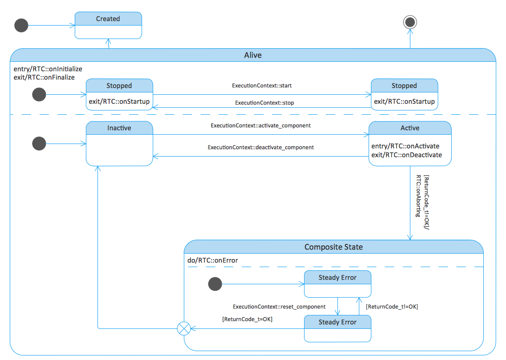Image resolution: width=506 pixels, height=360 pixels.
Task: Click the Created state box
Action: (108, 25)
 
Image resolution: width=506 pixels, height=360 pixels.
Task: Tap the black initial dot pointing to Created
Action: (21, 26)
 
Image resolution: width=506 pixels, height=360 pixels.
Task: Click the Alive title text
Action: (253, 55)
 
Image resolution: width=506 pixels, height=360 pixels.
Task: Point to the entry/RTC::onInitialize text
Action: (48, 69)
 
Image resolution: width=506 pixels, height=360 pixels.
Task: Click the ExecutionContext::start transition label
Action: (262, 85)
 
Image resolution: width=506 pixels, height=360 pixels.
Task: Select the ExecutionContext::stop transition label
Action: (264, 103)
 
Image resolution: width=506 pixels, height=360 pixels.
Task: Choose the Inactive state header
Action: (119, 128)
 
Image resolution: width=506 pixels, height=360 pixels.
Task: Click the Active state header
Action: (409, 128)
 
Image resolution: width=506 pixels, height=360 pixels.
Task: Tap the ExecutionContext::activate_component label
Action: (260, 125)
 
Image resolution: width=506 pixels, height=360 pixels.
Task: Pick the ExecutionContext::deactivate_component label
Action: (260, 147)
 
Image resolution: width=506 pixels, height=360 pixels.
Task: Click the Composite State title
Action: (333, 247)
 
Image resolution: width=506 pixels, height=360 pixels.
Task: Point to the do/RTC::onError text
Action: (213, 260)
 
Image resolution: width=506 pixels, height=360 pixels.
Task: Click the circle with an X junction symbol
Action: (184, 329)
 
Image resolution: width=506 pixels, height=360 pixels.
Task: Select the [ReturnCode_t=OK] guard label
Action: (247, 319)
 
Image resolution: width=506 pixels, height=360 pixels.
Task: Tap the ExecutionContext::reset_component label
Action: (279, 307)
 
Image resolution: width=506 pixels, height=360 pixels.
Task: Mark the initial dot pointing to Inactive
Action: (39, 144)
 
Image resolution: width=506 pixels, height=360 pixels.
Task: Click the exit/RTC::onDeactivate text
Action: (406, 155)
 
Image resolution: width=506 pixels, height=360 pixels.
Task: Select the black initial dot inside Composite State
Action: (215, 284)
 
